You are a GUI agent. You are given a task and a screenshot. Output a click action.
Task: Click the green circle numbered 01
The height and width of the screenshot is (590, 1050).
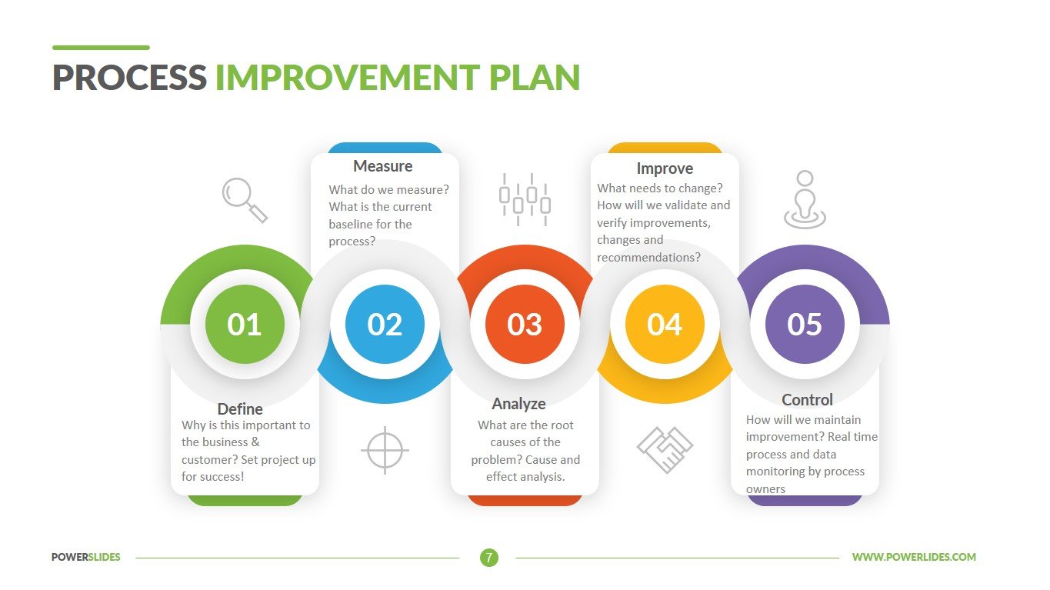tap(245, 324)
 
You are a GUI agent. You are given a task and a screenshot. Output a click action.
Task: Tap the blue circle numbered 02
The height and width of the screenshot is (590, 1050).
tap(385, 324)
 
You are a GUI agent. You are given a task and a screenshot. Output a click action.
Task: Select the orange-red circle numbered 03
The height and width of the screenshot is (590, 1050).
tap(525, 324)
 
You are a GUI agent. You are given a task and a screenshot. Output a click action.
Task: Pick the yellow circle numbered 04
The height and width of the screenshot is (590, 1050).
tap(665, 324)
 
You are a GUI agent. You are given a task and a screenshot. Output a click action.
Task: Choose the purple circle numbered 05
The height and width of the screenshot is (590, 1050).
tap(805, 324)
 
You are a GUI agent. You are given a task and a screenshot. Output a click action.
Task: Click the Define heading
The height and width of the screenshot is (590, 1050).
tap(240, 409)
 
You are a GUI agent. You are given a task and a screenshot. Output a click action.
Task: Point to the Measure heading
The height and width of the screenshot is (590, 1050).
tap(382, 166)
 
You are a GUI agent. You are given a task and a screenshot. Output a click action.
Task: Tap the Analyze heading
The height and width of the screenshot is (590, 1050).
tap(518, 404)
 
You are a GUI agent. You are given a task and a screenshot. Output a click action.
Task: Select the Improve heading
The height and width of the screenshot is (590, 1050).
tap(665, 168)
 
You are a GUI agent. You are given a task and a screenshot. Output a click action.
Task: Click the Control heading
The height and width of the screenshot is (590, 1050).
tap(807, 400)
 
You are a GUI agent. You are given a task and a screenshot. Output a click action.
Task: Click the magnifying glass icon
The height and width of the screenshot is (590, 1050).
tap(245, 200)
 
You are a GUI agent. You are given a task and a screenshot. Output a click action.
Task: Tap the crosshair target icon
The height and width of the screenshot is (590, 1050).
tap(385, 450)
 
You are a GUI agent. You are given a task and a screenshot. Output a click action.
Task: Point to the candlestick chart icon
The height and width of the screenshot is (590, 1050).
tap(525, 200)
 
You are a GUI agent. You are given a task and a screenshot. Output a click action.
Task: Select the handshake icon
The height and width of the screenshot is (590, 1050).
tap(665, 450)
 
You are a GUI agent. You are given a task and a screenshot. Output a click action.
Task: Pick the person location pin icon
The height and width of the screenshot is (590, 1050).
tap(805, 200)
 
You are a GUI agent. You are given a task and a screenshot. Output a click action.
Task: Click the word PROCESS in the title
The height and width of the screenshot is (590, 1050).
tap(129, 78)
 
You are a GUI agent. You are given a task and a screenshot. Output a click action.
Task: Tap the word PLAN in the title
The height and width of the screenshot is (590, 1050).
tap(535, 78)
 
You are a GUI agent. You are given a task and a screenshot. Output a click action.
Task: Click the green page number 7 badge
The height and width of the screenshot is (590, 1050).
tap(489, 558)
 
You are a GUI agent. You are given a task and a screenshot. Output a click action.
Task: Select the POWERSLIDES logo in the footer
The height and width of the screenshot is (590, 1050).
tap(86, 557)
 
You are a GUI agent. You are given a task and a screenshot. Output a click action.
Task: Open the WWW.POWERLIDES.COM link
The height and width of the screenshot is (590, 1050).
tap(914, 557)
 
